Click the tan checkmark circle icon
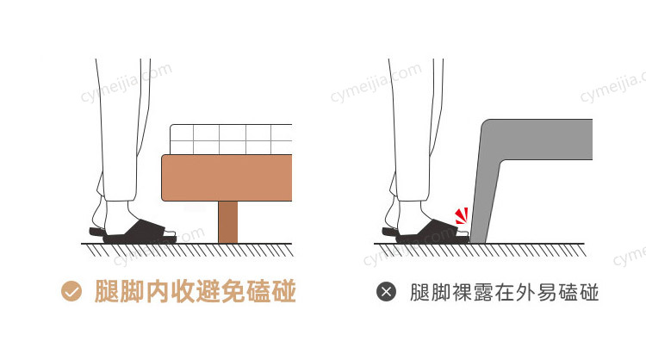pyautogui.click(x=71, y=291)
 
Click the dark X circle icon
pyautogui.click(x=386, y=292)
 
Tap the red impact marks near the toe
pyautogui.click(x=462, y=216)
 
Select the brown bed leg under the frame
pyautogui.click(x=228, y=222)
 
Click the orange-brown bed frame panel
pyautogui.click(x=227, y=178)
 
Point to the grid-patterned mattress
pyautogui.click(x=231, y=140)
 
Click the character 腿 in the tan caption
pyautogui.click(x=107, y=291)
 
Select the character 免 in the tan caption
pyautogui.click(x=233, y=291)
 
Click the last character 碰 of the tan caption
pyautogui.click(x=284, y=291)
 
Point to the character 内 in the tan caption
pyautogui.click(x=158, y=291)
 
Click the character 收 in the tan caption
pyautogui.click(x=183, y=291)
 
